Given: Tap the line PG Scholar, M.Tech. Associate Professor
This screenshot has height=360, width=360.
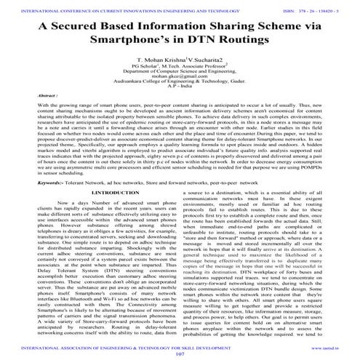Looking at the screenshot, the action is pos(179,82).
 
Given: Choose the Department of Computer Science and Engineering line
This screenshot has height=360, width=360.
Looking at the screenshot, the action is pos(179,88).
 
